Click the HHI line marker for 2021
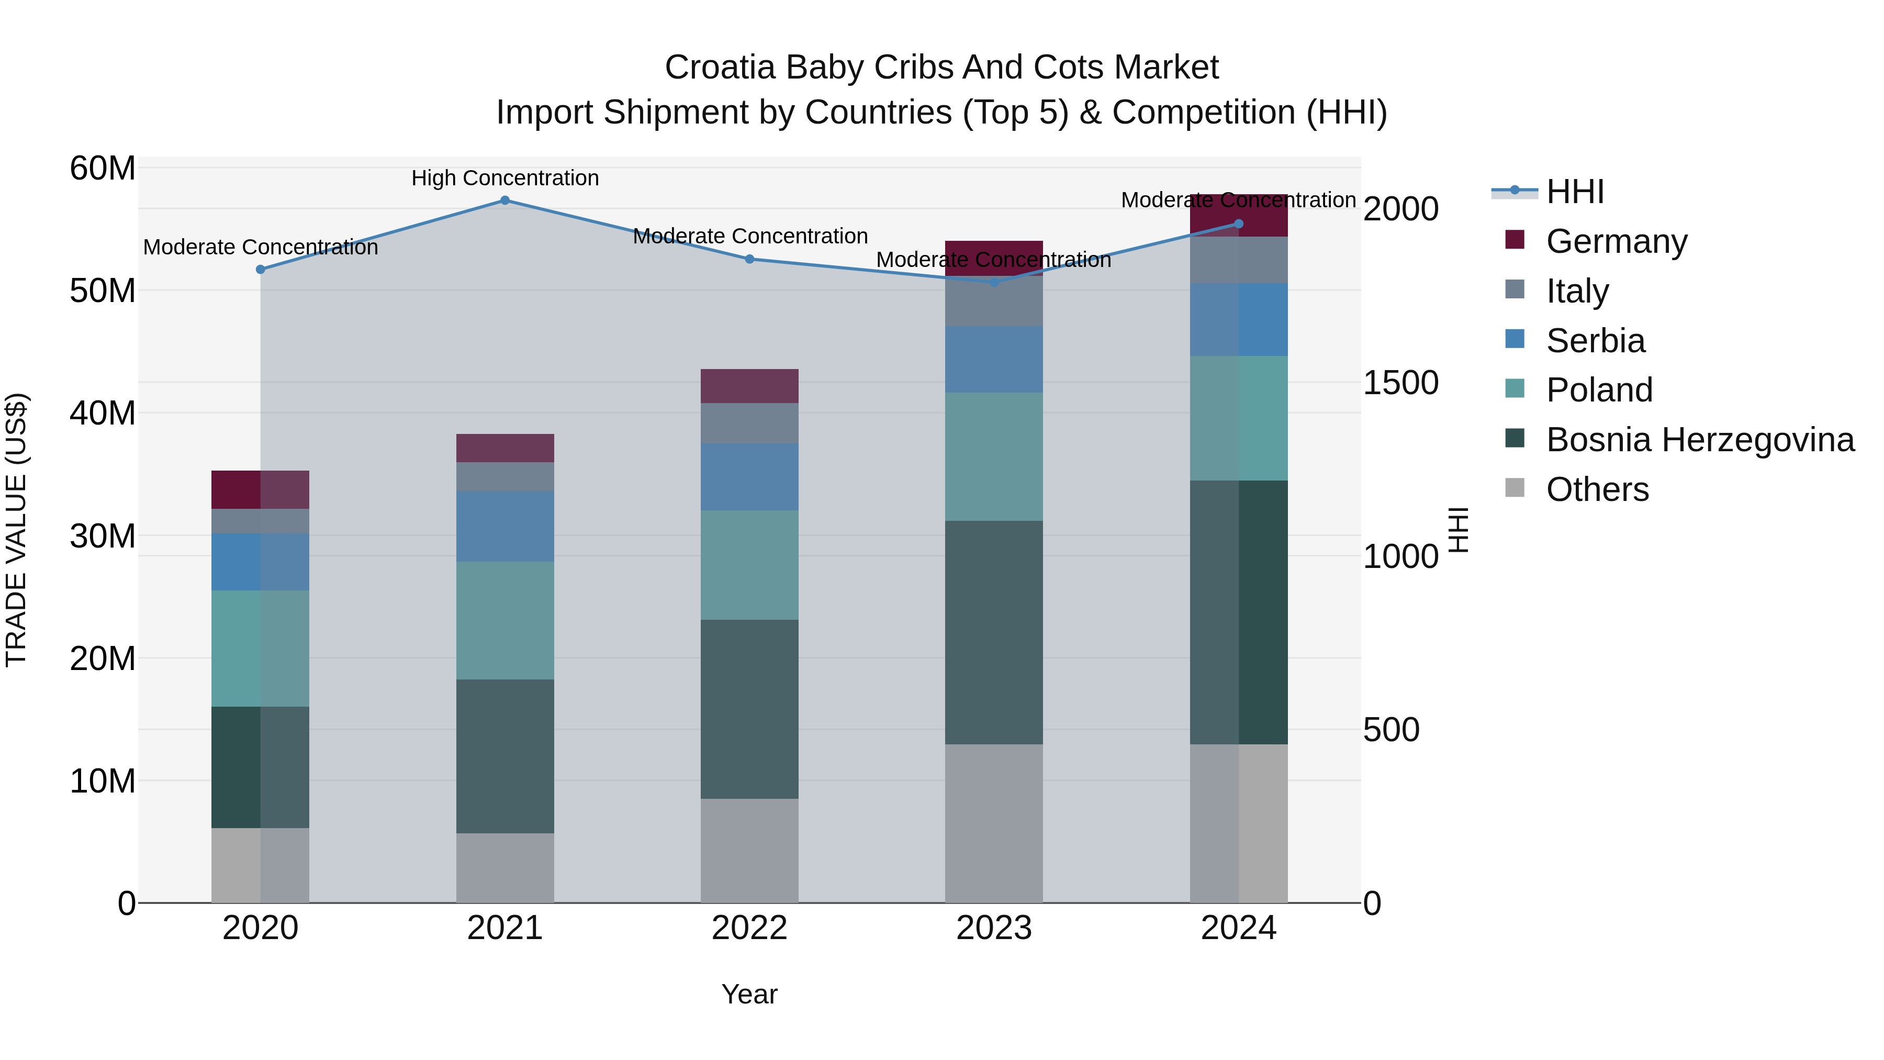[504, 200]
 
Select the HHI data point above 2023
[994, 282]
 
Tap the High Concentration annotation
[504, 178]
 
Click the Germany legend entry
[1617, 241]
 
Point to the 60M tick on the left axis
[103, 168]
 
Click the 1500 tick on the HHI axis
[1400, 383]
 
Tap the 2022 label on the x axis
[749, 928]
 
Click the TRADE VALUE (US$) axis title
[17, 530]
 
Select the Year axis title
[749, 994]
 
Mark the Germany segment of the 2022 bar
[749, 386]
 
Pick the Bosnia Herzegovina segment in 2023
[994, 633]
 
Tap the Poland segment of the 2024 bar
[1238, 418]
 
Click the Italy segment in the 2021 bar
[504, 477]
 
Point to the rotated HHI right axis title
[1459, 530]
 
